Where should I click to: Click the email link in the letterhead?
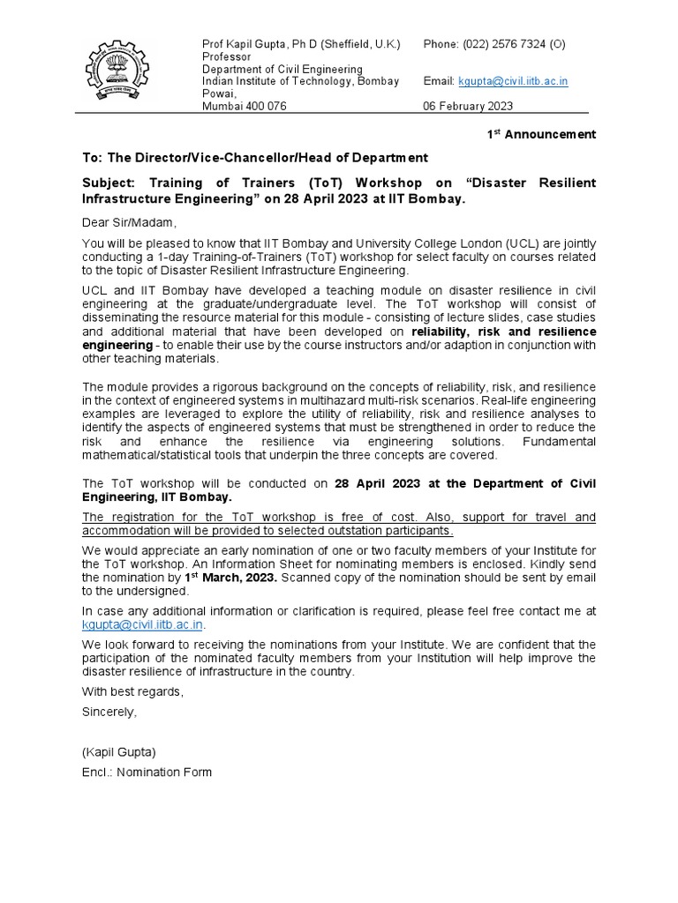click(513, 81)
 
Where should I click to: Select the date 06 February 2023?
click(468, 106)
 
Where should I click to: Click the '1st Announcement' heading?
click(542, 134)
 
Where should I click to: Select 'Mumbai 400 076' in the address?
click(245, 106)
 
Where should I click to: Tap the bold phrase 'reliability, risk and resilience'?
click(503, 332)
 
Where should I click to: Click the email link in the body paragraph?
click(143, 624)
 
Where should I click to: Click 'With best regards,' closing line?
click(133, 692)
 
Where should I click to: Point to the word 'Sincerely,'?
click(110, 711)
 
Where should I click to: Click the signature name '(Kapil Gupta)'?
click(118, 753)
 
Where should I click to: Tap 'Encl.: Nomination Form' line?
click(147, 772)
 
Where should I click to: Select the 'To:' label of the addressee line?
click(93, 158)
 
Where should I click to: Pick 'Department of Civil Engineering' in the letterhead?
click(282, 69)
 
